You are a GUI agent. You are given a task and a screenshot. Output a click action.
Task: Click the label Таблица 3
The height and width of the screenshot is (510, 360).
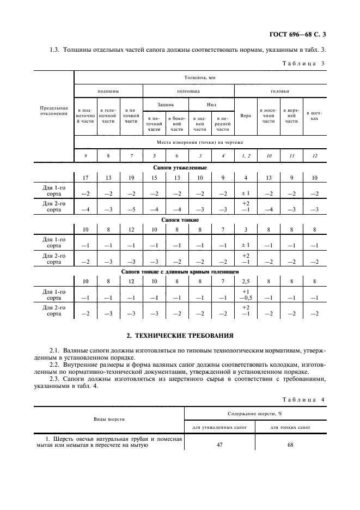(303, 64)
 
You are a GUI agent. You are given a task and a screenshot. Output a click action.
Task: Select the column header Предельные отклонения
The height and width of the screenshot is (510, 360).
(54, 111)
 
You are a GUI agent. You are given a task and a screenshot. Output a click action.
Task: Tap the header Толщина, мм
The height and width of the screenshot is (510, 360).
(202, 78)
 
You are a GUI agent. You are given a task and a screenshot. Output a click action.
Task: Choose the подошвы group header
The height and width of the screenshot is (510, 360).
(108, 92)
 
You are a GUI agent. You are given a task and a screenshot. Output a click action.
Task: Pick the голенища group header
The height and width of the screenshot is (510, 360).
(188, 92)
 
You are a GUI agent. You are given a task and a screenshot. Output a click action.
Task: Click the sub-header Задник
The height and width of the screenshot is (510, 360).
(166, 104)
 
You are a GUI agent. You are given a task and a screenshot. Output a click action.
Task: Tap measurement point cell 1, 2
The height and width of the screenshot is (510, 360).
(246, 156)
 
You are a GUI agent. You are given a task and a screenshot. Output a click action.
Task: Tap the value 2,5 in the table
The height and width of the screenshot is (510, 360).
(246, 281)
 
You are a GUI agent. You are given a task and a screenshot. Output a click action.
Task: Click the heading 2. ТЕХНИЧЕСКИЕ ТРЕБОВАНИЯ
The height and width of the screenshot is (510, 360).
(180, 335)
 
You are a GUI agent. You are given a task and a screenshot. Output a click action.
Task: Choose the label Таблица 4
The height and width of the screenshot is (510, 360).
(303, 399)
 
